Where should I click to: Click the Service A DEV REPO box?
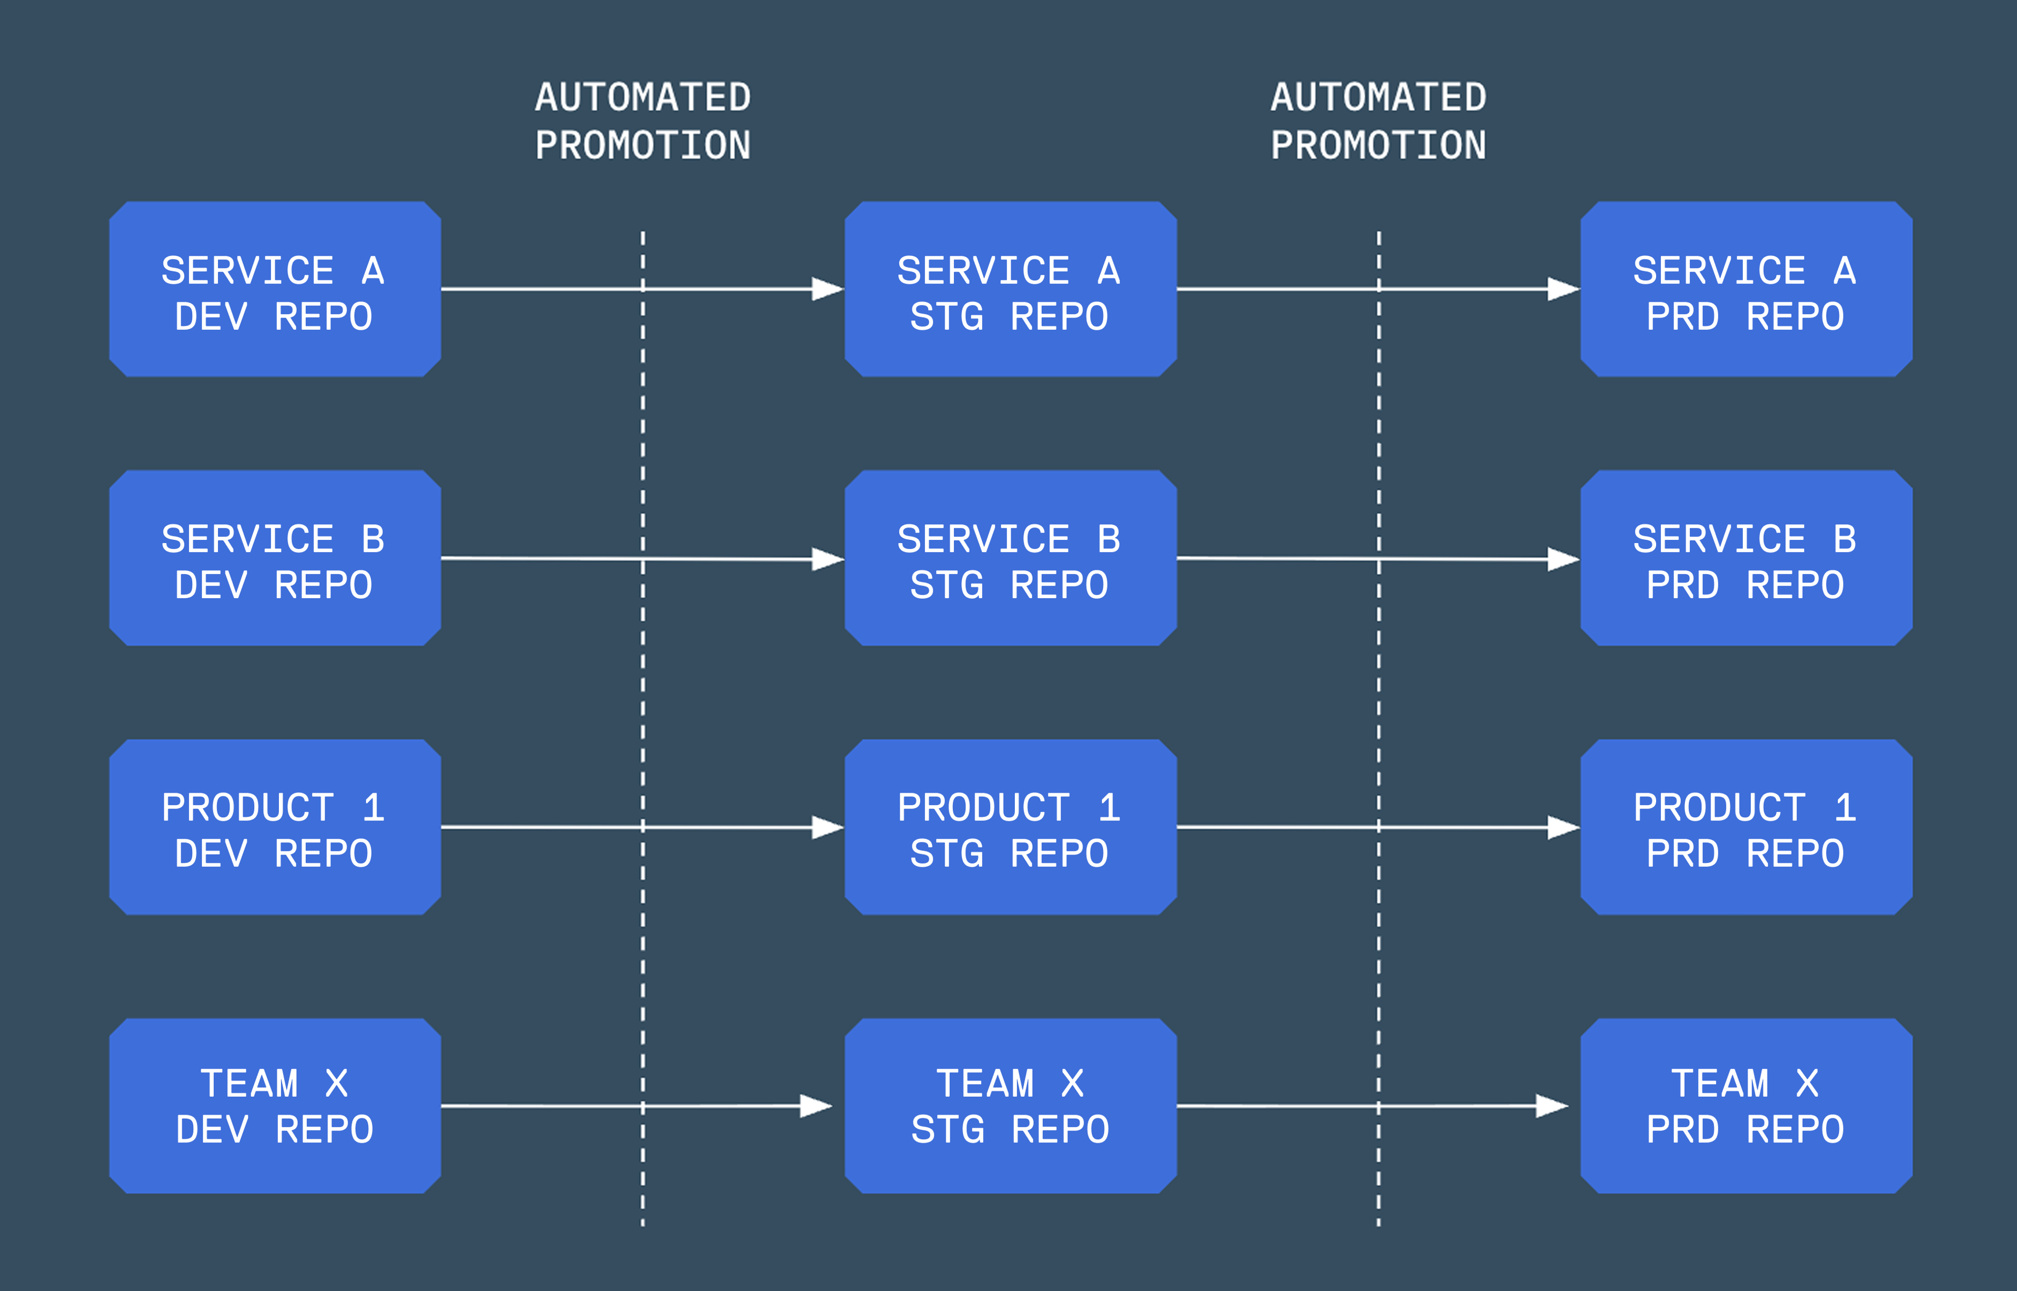point(275,289)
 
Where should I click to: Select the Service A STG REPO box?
point(1010,289)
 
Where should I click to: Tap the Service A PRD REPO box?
point(1746,289)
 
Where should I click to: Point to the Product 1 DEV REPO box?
point(275,827)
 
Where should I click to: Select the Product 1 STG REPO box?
point(1010,827)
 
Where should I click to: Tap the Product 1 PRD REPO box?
point(1746,827)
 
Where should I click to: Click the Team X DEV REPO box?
point(275,1106)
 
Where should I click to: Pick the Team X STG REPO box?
point(1010,1106)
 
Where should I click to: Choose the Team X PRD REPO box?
point(1746,1106)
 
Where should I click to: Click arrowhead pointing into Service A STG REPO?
point(827,289)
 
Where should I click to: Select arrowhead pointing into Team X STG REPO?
point(815,1106)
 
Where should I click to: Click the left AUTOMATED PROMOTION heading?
point(643,121)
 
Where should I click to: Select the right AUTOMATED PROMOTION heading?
point(1378,121)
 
